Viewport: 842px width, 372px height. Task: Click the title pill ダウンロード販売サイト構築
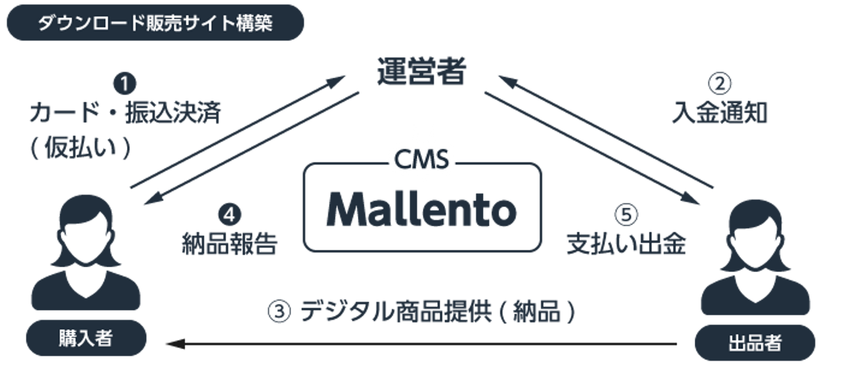point(155,23)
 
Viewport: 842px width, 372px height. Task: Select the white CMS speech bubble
point(422,159)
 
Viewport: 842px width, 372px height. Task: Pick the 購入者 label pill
point(85,338)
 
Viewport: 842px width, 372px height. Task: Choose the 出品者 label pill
point(755,342)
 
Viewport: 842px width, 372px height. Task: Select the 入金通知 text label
point(719,112)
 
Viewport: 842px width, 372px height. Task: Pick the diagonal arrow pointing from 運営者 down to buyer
point(251,150)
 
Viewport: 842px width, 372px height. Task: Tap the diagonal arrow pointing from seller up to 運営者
point(605,132)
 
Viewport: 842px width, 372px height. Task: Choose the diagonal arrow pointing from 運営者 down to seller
point(591,150)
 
